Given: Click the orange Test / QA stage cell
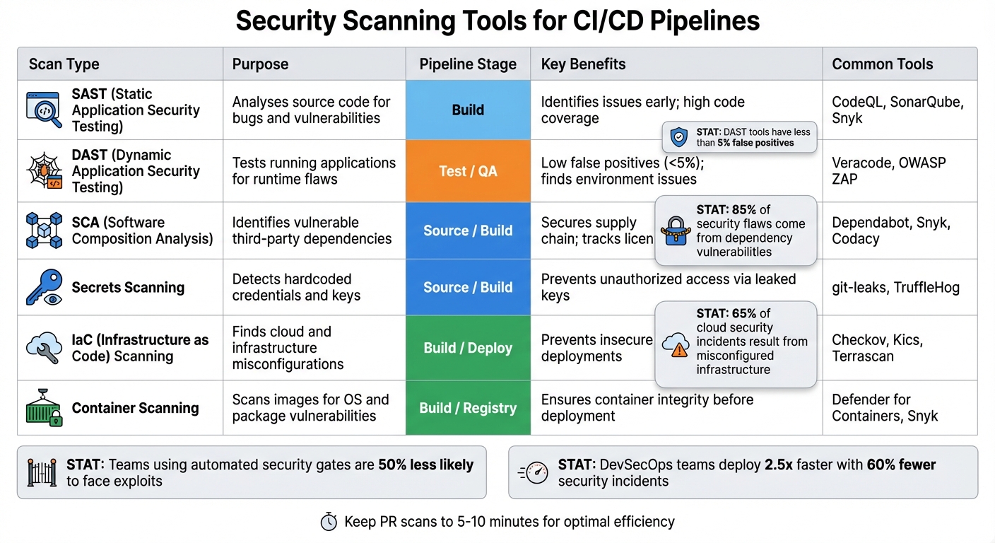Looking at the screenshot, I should [x=468, y=171].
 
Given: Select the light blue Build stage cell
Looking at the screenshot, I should [x=468, y=110].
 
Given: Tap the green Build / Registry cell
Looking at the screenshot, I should [x=468, y=408].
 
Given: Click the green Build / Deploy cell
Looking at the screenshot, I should [x=468, y=348].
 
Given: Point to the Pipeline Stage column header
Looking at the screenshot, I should [x=468, y=64].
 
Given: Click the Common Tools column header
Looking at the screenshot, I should [x=882, y=64].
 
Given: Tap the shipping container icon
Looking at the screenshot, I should [x=44, y=408].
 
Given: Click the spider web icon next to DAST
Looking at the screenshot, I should [x=44, y=171].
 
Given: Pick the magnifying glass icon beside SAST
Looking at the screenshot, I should [x=44, y=110].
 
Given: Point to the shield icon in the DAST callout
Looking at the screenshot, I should [x=678, y=137].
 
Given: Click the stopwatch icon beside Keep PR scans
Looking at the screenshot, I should [x=329, y=522].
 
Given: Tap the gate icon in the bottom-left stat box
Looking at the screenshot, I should [x=42, y=472].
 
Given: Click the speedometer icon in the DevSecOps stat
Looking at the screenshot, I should [x=534, y=472].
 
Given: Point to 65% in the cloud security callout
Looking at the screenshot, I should [x=743, y=313].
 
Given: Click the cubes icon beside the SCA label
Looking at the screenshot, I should [x=44, y=230].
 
